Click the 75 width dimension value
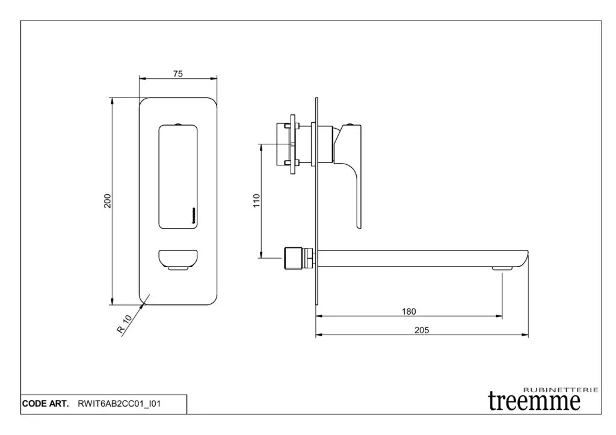[177, 74]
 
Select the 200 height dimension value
[108, 201]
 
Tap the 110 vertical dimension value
[256, 200]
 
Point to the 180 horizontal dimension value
[408, 312]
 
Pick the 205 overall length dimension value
[422, 330]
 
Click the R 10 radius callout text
[124, 324]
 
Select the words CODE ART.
[45, 404]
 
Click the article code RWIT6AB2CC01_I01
[119, 404]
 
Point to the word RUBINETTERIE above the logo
[561, 390]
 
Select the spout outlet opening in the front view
[177, 258]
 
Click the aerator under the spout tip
[503, 268]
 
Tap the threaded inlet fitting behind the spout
[298, 258]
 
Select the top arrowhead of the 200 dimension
[112, 101]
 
